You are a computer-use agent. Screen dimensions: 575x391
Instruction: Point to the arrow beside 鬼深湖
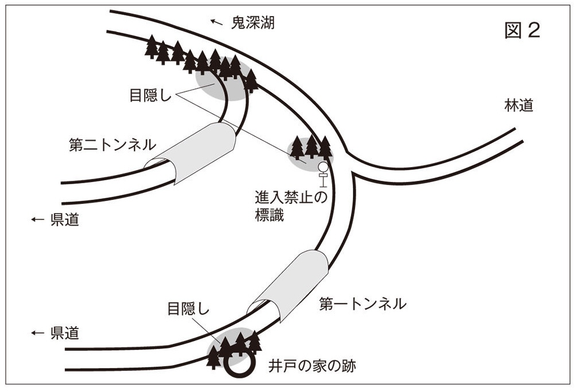point(216,22)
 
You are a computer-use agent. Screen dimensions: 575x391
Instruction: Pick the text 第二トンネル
point(105,146)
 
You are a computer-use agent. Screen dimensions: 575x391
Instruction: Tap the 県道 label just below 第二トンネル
point(64,220)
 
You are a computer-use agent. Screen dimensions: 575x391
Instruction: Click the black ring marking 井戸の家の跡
point(238,363)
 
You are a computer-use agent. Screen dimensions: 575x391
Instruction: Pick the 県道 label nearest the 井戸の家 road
point(64,332)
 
